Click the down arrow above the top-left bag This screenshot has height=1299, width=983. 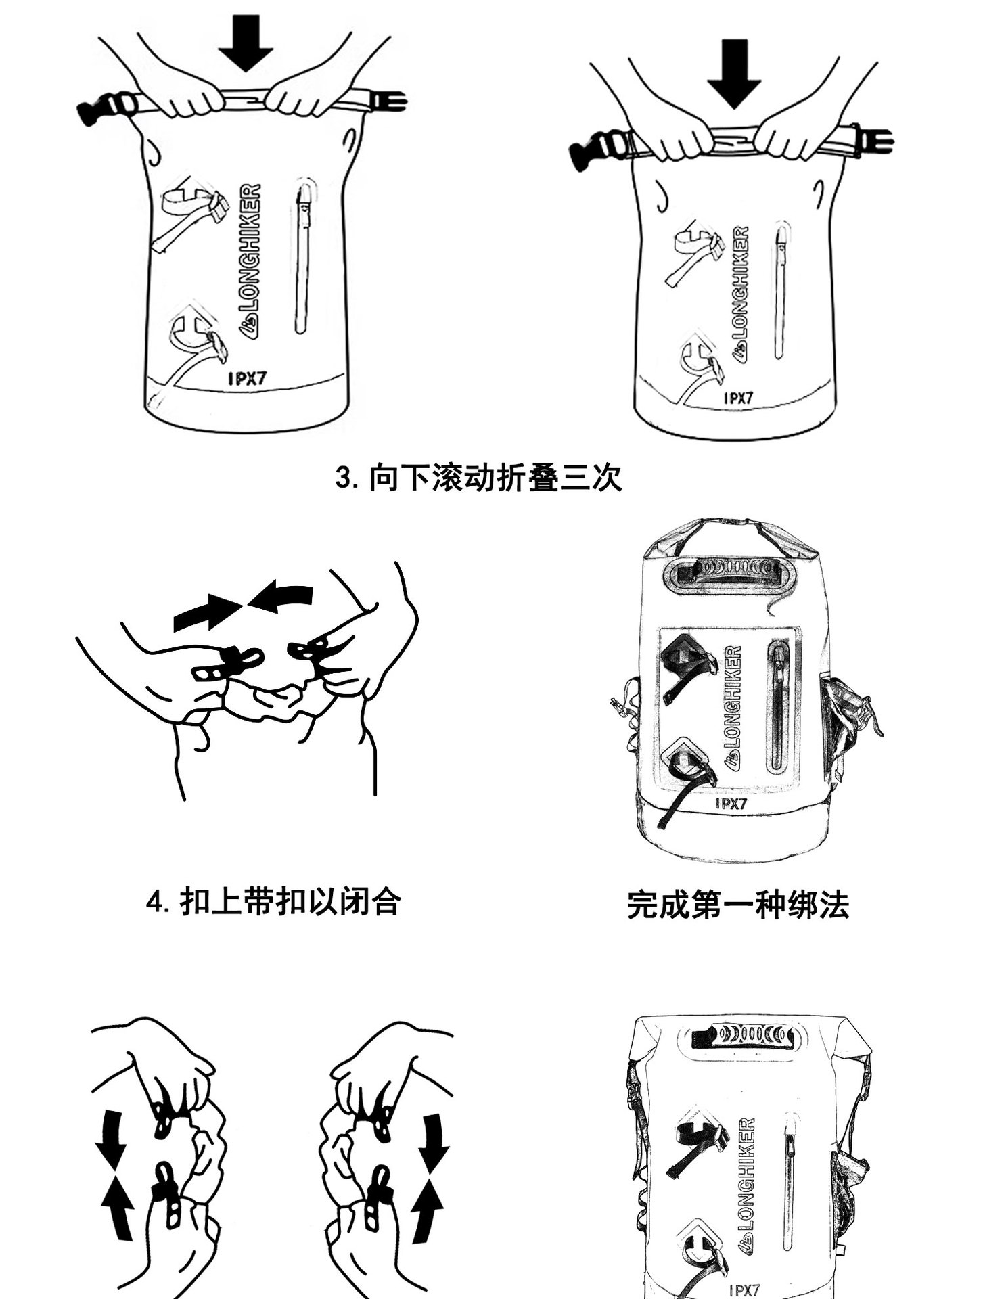[245, 42]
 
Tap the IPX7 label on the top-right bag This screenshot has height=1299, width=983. [737, 398]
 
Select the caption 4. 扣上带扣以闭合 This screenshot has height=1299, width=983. [274, 902]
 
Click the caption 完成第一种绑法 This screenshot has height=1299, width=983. [737, 905]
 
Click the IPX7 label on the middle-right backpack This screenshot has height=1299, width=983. [731, 804]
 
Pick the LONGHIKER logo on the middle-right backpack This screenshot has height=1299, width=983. [733, 708]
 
